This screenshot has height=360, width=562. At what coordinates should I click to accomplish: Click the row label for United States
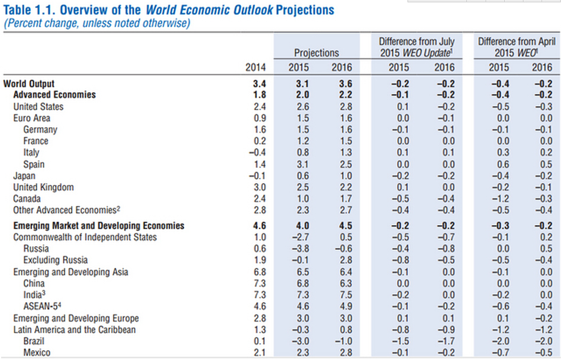38,107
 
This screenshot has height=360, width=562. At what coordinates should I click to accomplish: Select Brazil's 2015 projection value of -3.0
299,341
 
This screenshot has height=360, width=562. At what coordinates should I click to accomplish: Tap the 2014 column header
255,68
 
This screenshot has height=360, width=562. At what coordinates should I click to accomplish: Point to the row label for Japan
24,176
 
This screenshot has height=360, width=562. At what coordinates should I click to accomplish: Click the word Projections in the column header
316,53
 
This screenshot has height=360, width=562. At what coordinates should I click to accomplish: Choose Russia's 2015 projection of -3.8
299,249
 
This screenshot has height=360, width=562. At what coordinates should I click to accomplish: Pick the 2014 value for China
259,283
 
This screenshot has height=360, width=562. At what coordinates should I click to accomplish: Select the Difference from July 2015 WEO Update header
417,47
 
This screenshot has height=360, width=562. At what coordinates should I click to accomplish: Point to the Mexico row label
37,352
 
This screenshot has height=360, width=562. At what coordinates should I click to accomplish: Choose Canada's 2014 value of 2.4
259,199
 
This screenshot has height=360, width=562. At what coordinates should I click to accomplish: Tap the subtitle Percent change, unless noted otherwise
97,24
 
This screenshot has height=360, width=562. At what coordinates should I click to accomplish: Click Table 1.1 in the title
29,11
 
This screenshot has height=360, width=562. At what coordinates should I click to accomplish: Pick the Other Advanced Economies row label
67,210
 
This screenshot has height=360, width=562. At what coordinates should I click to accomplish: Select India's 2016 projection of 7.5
342,295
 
